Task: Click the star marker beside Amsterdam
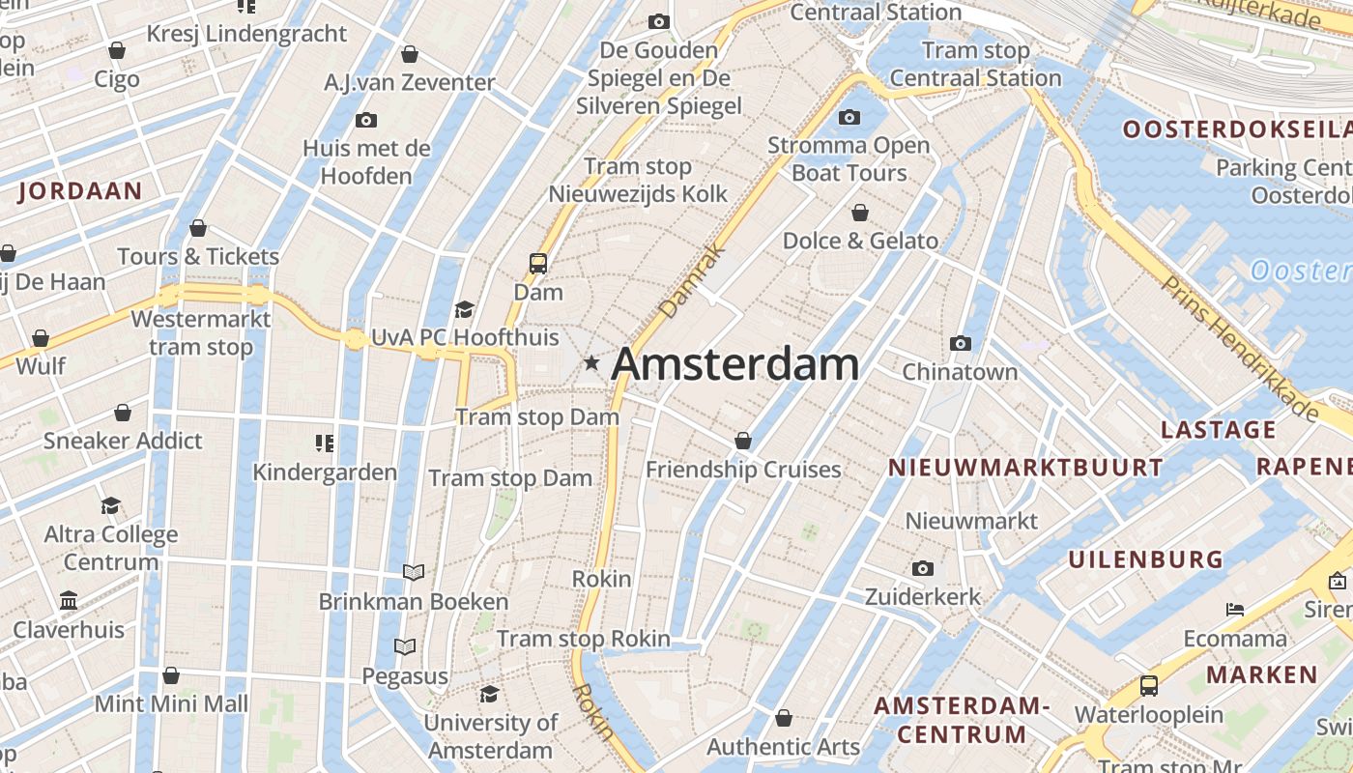click(x=591, y=363)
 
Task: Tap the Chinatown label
click(x=960, y=372)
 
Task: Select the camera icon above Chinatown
click(x=961, y=343)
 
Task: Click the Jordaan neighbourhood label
click(x=80, y=190)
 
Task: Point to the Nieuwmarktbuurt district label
click(x=1025, y=468)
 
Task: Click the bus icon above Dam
click(x=537, y=263)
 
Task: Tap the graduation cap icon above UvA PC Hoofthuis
click(x=465, y=309)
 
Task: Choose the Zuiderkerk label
click(x=923, y=597)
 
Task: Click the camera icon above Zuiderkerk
click(x=923, y=568)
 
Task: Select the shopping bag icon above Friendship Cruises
click(x=742, y=441)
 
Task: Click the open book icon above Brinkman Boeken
click(x=414, y=573)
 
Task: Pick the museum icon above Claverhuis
click(x=69, y=601)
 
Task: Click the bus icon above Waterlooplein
click(x=1148, y=686)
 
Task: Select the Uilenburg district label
click(x=1145, y=559)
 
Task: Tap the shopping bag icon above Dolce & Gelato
click(x=860, y=213)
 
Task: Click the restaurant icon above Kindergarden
click(x=325, y=444)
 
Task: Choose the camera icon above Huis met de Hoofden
click(x=365, y=121)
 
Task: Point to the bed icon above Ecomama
click(x=1235, y=610)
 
